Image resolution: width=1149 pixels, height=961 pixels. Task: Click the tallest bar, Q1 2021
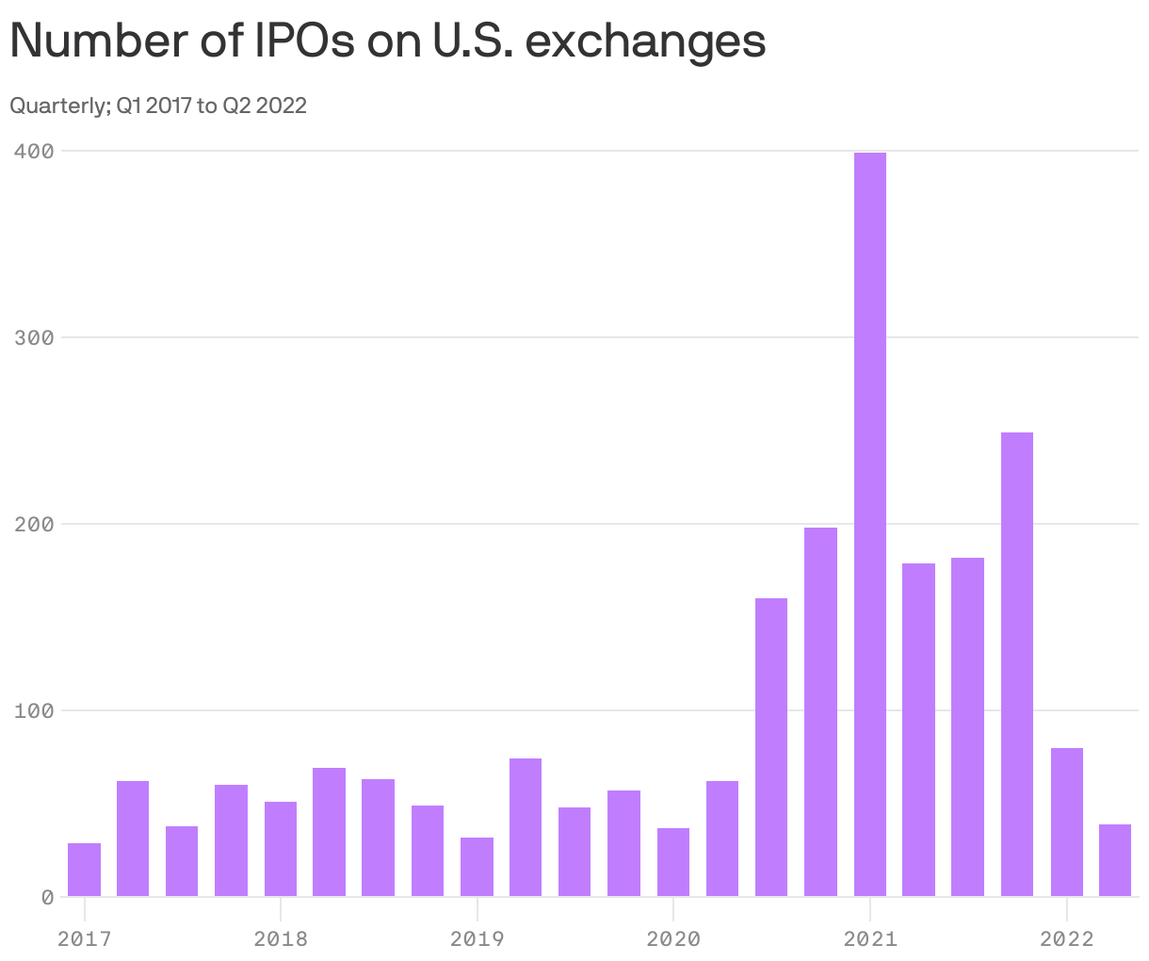tap(869, 524)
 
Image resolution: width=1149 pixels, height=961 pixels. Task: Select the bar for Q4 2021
tap(1017, 664)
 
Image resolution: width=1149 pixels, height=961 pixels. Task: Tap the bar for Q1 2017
tap(84, 870)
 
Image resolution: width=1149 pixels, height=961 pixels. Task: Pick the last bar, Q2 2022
tap(1115, 860)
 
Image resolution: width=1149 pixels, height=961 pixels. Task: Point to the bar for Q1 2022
tap(1066, 822)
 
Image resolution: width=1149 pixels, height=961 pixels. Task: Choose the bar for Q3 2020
tap(771, 747)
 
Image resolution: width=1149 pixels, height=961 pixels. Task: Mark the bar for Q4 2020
tap(820, 711)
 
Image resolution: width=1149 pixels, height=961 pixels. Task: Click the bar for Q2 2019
tap(526, 827)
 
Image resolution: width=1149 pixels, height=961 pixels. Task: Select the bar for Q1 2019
tap(477, 867)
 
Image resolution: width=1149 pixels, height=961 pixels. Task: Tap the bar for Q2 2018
tap(329, 832)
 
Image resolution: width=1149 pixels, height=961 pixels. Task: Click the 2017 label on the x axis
tap(84, 939)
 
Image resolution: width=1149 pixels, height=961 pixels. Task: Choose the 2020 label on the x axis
tap(673, 939)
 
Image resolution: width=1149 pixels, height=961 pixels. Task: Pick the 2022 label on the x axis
tap(1066, 939)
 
